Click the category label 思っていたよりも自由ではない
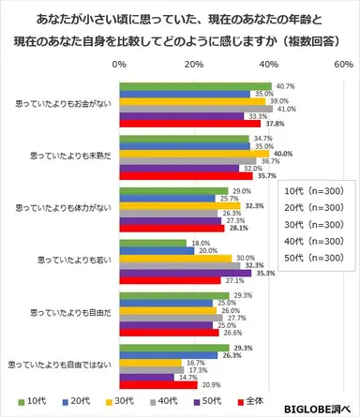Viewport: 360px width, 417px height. pyautogui.click(x=58, y=363)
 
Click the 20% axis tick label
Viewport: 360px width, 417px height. pyautogui.click(x=194, y=67)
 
